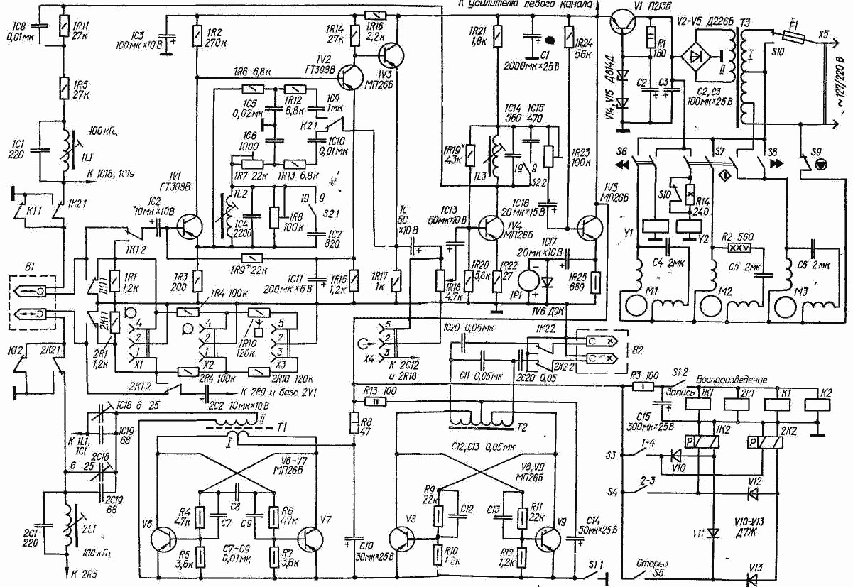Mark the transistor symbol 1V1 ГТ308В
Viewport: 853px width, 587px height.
point(189,226)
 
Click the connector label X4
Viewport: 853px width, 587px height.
point(370,359)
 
